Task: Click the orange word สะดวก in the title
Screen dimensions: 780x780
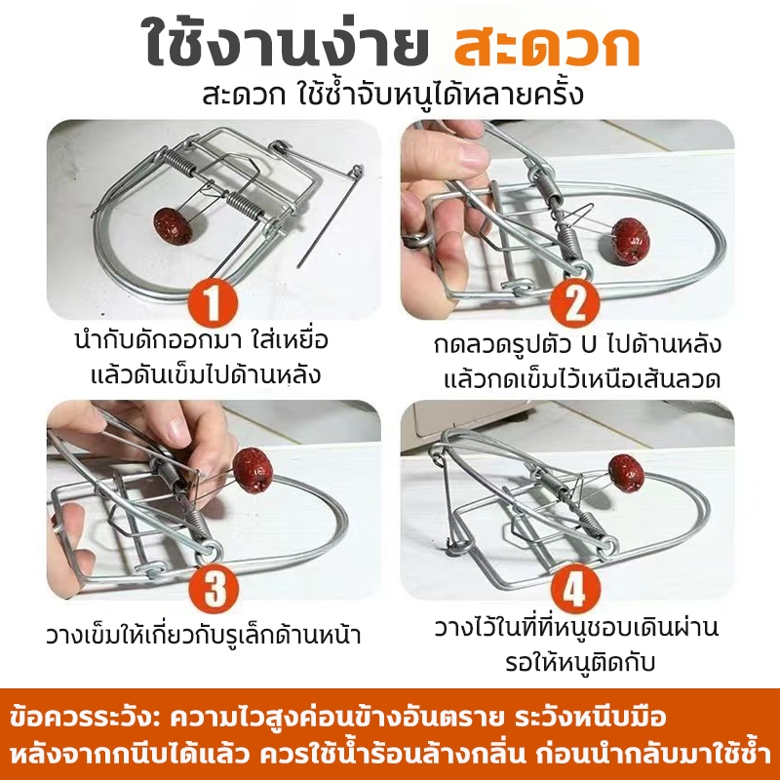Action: [547, 46]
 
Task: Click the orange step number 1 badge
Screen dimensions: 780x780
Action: [213, 302]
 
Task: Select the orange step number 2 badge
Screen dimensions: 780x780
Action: [574, 302]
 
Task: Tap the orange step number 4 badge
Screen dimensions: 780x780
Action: [574, 589]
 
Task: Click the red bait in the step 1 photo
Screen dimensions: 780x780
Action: [173, 226]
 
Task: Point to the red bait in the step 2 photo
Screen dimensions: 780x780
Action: [631, 241]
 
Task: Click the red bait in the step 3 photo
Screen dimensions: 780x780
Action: [253, 470]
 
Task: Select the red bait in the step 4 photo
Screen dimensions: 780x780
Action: [626, 474]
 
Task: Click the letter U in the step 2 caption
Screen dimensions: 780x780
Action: [589, 345]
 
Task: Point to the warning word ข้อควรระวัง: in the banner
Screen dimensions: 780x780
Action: [85, 719]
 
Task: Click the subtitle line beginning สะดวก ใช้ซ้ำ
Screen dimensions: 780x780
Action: [393, 95]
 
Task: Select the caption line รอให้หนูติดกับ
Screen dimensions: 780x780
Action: [580, 662]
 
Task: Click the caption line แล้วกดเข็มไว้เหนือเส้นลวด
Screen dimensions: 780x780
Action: [582, 378]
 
